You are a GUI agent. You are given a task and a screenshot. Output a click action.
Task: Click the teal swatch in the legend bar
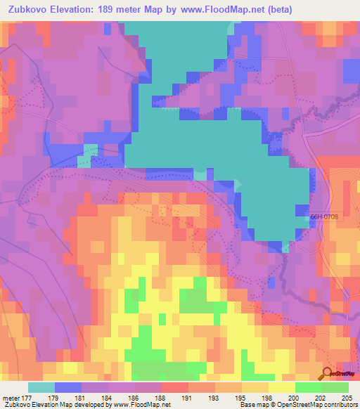coord(41,387)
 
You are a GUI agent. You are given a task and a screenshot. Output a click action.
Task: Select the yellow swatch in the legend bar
coord(282,387)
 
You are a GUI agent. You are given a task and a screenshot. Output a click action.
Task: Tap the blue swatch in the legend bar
coord(68,387)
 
